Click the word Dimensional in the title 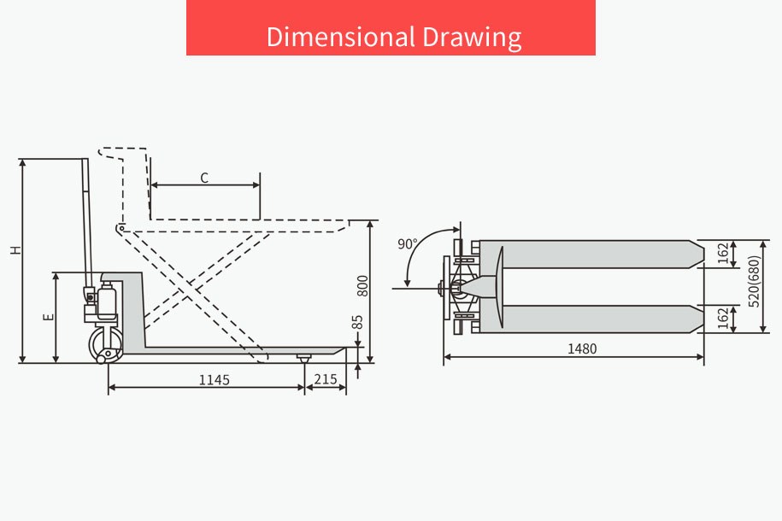341,37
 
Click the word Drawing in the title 473,38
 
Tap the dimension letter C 204,178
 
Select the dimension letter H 16,249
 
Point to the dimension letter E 49,317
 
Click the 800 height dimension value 362,285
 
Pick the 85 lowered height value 357,322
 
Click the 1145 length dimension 215,380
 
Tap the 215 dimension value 326,379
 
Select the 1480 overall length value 582,348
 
